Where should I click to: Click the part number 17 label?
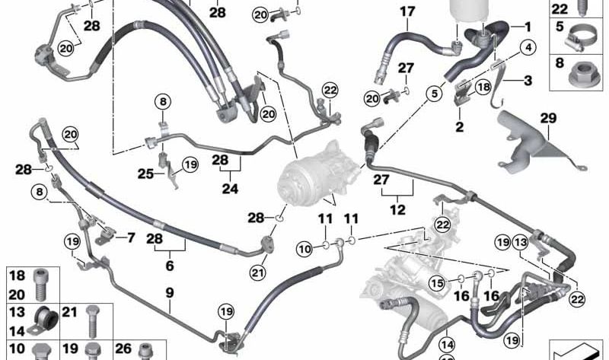407,11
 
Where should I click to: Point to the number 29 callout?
548,118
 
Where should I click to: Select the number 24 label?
230,189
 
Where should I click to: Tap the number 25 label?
145,174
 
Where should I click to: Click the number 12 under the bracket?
397,210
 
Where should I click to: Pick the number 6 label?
170,266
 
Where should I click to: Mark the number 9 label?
131,237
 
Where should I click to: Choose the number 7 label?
170,293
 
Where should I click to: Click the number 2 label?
460,126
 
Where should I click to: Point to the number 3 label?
528,81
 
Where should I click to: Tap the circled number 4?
528,48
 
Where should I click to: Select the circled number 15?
437,282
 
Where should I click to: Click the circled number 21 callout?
257,272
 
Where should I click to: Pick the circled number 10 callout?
305,249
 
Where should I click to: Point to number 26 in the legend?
123,349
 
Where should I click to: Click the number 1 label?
528,27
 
